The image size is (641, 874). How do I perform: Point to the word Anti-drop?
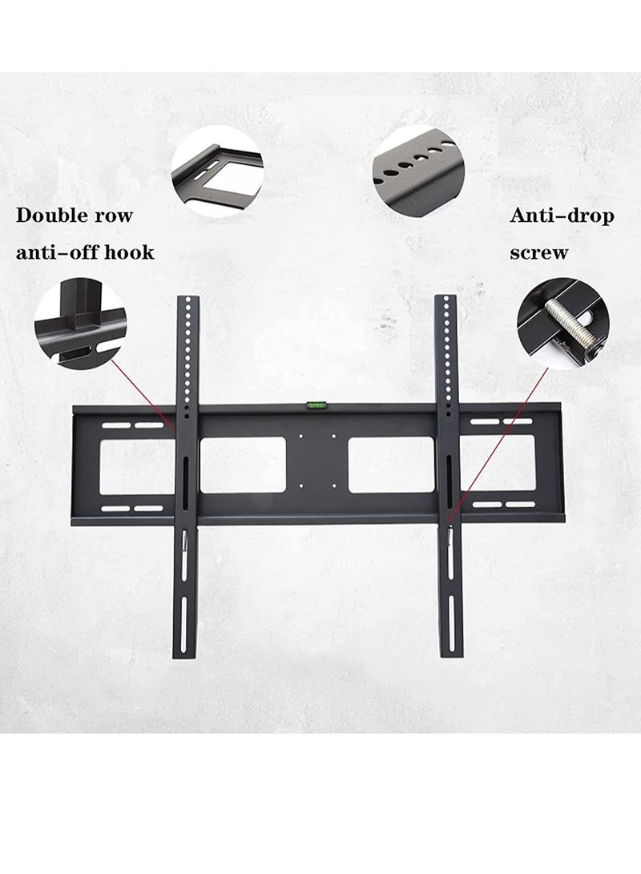point(562,215)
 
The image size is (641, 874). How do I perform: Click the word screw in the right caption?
point(539,253)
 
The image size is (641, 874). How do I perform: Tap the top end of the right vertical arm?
point(446,300)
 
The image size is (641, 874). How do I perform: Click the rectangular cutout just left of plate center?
point(242,465)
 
